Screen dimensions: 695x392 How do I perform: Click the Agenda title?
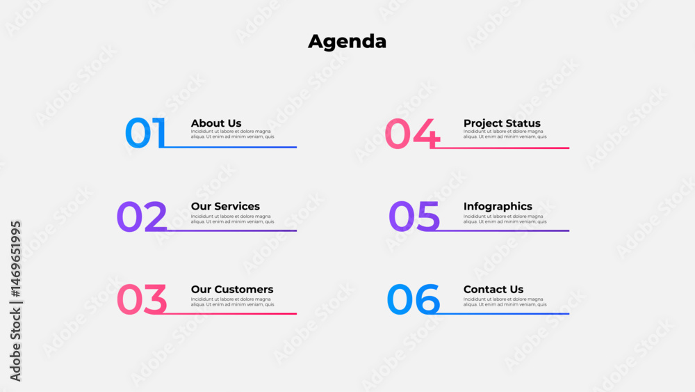point(347,42)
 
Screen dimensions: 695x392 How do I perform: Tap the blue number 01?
point(145,132)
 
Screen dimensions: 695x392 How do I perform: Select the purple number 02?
point(142,217)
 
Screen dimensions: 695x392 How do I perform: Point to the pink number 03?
point(142,299)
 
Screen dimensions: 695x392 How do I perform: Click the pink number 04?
point(412,133)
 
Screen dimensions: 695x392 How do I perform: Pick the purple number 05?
point(414,217)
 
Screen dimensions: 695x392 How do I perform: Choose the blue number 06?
point(413,299)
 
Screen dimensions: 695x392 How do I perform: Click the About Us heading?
point(216,123)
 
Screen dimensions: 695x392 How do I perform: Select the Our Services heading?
point(225,206)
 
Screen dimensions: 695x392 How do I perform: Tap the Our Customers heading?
point(232,289)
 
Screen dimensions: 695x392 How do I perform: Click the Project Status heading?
point(502,123)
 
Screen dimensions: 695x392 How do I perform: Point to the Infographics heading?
point(498,206)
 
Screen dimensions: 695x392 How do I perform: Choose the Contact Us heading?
point(493,289)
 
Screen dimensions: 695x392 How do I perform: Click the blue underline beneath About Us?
point(230,147)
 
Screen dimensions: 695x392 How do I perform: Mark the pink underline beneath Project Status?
point(502,148)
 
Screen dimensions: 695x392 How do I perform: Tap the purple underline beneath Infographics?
point(502,230)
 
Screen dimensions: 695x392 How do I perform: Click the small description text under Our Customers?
point(232,302)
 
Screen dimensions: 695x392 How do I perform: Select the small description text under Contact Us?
point(505,302)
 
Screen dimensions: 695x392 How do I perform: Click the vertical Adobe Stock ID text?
point(15,301)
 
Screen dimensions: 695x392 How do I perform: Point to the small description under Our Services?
point(232,219)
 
